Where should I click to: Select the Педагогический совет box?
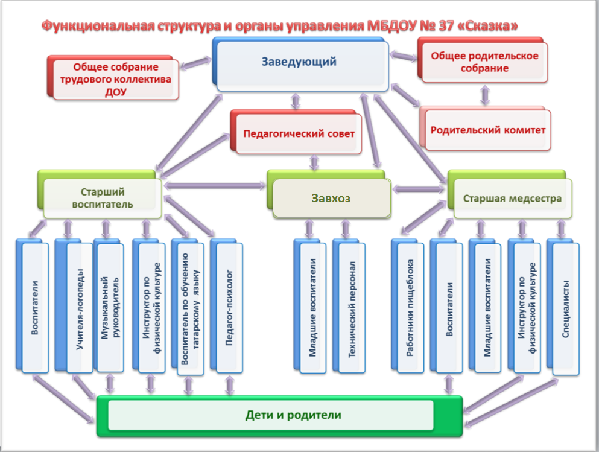tap(299, 134)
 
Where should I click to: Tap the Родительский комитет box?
tap(487, 130)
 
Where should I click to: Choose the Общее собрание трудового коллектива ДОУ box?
tap(115, 79)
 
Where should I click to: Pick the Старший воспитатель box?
tap(102, 198)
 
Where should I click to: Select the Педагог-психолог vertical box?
tap(229, 308)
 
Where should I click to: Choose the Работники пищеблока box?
tap(410, 308)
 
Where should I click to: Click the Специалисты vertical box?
tap(566, 308)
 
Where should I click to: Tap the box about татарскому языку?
tap(189, 308)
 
